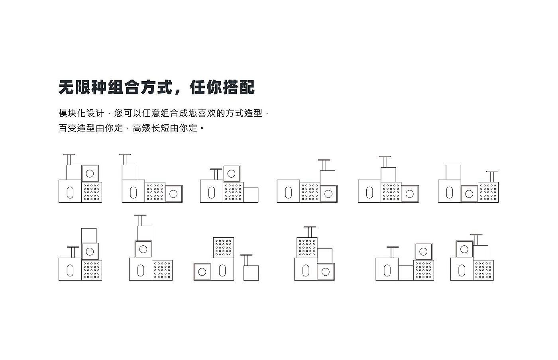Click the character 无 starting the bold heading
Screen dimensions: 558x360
(67, 87)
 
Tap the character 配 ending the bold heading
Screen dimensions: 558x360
(247, 87)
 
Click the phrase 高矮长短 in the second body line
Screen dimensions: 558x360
(151, 128)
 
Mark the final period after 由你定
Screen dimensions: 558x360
(202, 129)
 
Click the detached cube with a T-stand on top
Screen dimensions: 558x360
(251, 273)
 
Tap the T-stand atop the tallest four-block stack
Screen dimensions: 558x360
(140, 220)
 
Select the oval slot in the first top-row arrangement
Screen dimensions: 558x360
(70, 193)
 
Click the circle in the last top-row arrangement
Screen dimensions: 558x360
(469, 194)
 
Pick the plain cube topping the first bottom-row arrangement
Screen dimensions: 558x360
(89, 235)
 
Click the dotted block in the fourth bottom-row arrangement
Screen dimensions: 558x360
(307, 248)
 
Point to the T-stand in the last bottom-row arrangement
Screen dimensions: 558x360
(476, 239)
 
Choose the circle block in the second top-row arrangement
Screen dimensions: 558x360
(173, 194)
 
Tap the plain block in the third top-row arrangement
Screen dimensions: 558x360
(251, 195)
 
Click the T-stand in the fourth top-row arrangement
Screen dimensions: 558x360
(324, 165)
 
